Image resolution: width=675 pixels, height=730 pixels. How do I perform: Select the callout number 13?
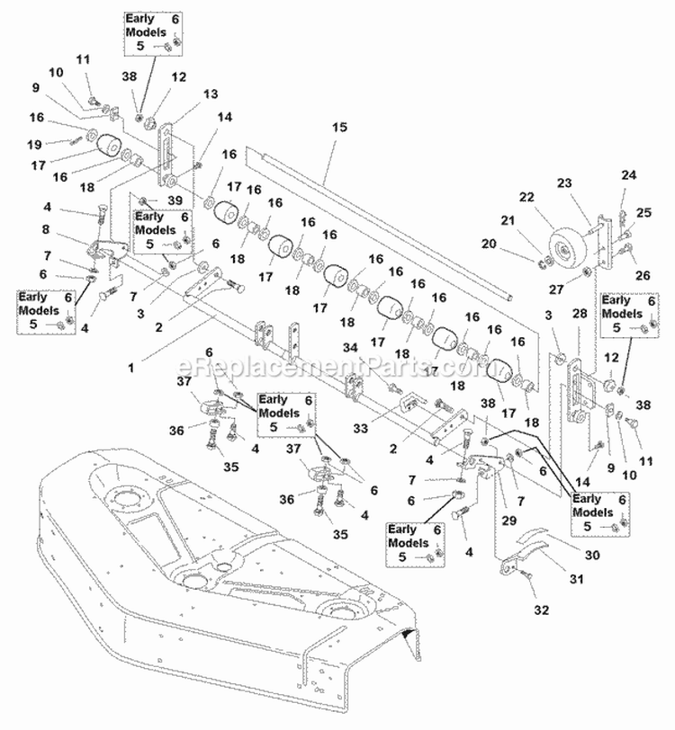click(x=211, y=93)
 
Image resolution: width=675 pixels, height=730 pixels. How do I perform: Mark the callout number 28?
click(x=580, y=312)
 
